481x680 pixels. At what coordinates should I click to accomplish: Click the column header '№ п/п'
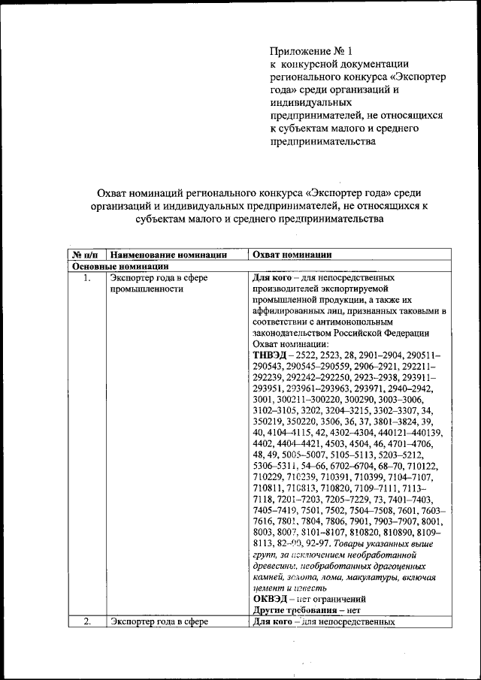86,255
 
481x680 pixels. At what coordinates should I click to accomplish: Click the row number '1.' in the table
87,278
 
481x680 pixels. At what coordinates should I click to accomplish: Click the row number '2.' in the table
87,621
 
